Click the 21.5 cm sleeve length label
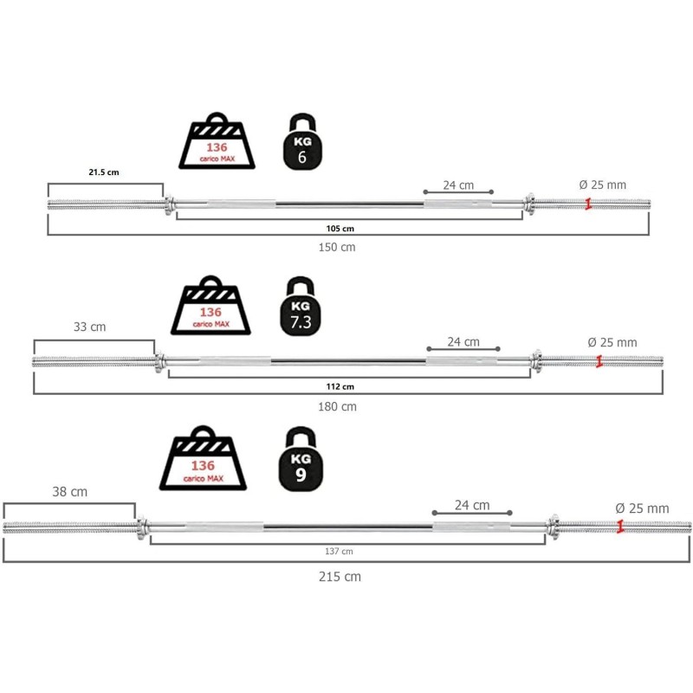[104, 172]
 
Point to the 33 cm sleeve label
[91, 327]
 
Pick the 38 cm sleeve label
[69, 491]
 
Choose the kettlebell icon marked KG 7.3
[301, 308]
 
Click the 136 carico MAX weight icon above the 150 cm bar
[217, 143]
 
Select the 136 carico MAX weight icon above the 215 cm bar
[204, 460]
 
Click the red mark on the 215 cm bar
[620, 526]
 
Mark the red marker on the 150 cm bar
[588, 204]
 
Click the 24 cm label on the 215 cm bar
[473, 505]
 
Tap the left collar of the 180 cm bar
[159, 361]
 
